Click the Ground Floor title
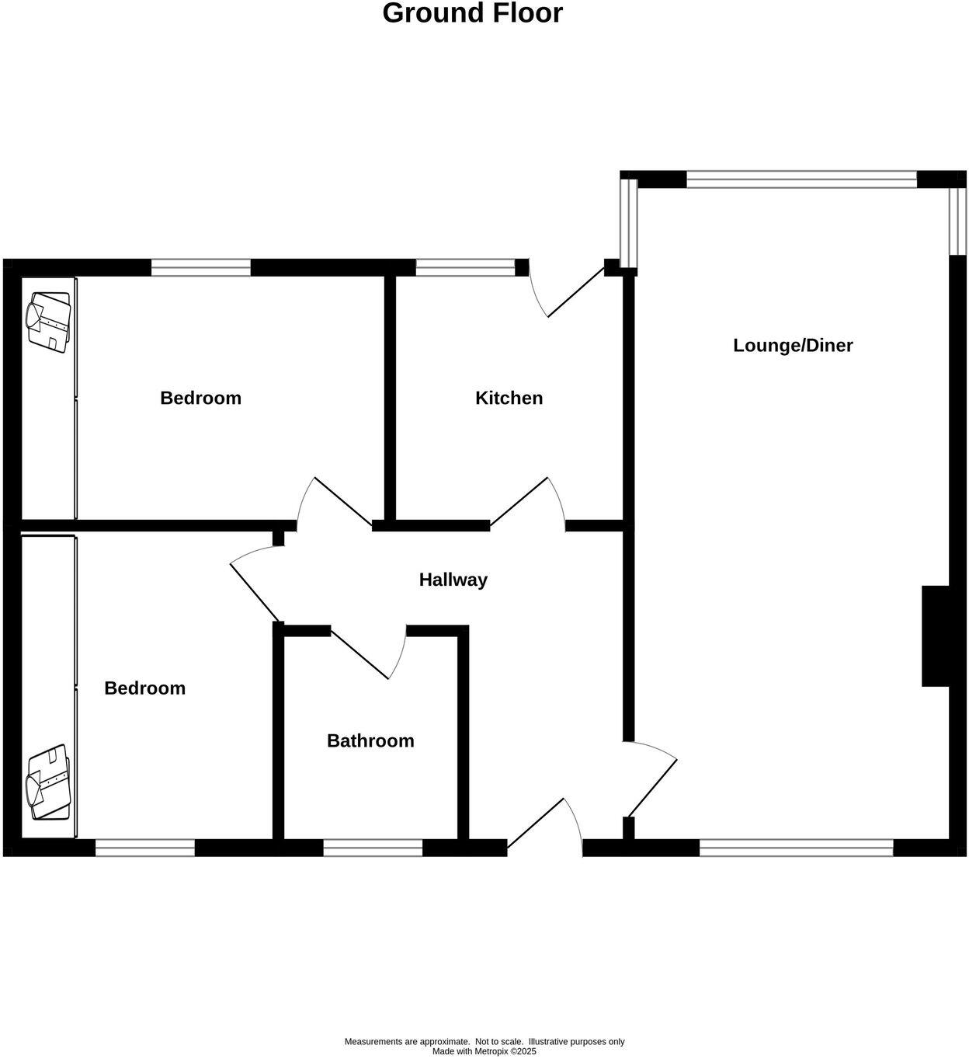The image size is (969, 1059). click(472, 13)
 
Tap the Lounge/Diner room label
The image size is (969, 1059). click(793, 346)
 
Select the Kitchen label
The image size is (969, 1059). click(509, 398)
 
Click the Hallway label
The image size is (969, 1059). click(453, 580)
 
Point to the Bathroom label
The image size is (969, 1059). click(370, 740)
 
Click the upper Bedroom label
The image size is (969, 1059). click(200, 398)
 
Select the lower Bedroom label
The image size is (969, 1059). click(144, 688)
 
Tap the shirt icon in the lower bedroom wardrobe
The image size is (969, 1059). click(49, 782)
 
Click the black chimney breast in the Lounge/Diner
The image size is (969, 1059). click(935, 636)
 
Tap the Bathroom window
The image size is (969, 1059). click(373, 848)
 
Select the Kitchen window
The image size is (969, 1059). click(465, 268)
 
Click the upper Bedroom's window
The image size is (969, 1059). click(201, 268)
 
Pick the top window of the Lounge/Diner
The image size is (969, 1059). click(801, 180)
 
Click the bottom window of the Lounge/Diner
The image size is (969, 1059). click(796, 848)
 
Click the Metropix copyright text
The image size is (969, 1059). click(484, 1051)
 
